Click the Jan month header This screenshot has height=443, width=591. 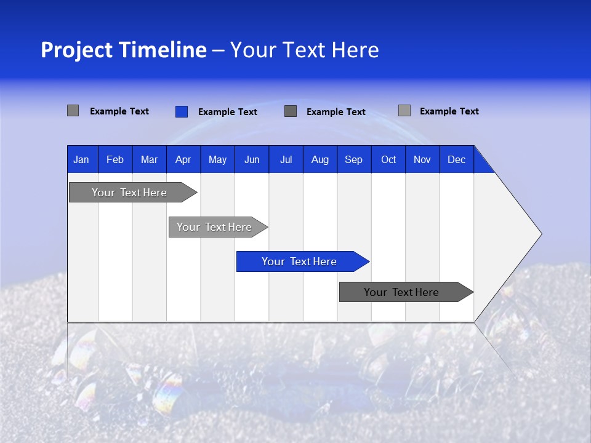[81, 159]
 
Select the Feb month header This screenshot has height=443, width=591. [115, 159]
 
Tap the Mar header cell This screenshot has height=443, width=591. [149, 159]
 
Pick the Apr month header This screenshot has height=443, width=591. [183, 159]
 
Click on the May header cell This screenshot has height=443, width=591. [217, 159]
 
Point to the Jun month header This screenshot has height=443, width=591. [252, 159]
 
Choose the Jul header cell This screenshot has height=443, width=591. [286, 159]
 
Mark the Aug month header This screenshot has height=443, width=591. [320, 159]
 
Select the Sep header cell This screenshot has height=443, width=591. [353, 159]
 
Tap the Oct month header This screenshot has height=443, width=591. [388, 159]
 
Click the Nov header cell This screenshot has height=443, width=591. [422, 159]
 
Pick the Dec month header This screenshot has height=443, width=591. [456, 159]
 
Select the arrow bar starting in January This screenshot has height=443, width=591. [130, 193]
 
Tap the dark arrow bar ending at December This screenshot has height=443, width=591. [402, 292]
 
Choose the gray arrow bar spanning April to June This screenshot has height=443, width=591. [215, 227]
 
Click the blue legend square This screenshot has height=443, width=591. [182, 111]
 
